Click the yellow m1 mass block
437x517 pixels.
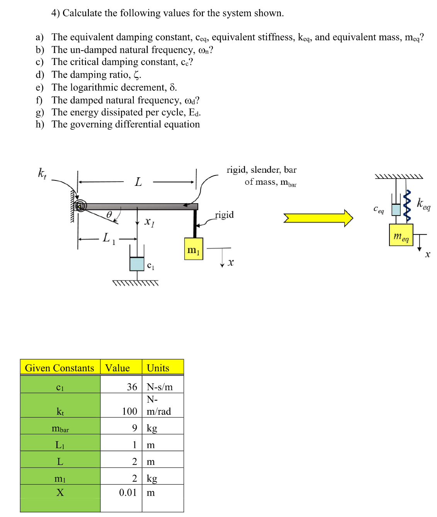[x=194, y=249]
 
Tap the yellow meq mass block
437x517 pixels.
[x=401, y=235]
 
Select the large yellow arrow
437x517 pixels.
[x=318, y=218]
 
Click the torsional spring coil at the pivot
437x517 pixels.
[x=80, y=206]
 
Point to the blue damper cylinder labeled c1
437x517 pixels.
[x=137, y=264]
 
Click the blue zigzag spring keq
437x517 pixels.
[x=407, y=206]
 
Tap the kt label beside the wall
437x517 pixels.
[x=42, y=173]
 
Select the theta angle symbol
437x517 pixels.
[x=109, y=214]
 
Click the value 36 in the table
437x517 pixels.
[x=132, y=387]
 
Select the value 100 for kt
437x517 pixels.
[x=129, y=411]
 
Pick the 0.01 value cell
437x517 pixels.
[x=128, y=493]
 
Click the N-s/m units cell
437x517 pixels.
[x=160, y=387]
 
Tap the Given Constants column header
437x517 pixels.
[x=60, y=368]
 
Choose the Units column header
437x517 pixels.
[x=158, y=368]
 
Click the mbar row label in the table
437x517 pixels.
[x=60, y=429]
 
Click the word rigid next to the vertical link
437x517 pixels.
[x=224, y=215]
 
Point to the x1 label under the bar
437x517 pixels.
[x=149, y=222]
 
